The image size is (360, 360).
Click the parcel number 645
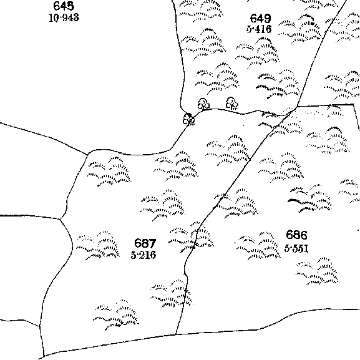(64, 6)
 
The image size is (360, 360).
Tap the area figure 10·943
(64, 17)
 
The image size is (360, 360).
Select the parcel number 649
(260, 18)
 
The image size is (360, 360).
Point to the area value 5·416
(259, 29)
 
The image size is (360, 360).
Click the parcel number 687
(145, 243)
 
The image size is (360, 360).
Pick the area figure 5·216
(144, 255)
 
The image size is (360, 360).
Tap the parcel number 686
(296, 235)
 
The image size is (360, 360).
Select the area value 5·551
(296, 248)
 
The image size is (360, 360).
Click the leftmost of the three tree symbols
(188, 119)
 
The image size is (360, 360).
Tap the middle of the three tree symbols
(203, 104)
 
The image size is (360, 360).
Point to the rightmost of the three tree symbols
(232, 103)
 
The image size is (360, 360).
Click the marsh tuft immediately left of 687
(97, 245)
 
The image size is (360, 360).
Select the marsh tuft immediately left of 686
(258, 246)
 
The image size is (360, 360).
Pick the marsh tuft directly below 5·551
(317, 271)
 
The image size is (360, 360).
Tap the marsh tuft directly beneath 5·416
(258, 53)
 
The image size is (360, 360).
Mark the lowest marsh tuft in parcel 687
(115, 315)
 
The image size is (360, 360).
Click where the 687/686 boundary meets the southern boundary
(176, 334)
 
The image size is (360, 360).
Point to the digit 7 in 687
(152, 243)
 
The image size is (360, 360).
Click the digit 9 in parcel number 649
(267, 18)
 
